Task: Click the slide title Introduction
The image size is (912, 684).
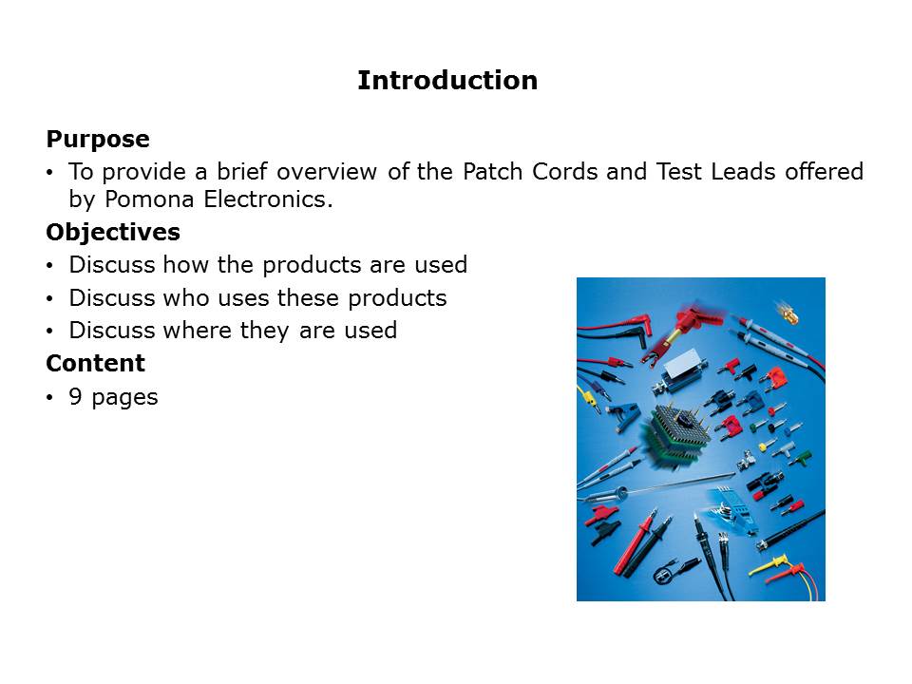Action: [x=447, y=80]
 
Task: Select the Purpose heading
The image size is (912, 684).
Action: [x=98, y=140]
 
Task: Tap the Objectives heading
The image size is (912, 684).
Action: [x=113, y=232]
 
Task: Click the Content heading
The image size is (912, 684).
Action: [x=95, y=363]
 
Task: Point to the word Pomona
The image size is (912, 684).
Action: [x=149, y=199]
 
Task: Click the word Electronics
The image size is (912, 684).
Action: [x=268, y=199]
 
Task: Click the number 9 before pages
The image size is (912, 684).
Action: [x=75, y=396]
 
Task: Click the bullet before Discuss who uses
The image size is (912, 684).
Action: [x=50, y=299]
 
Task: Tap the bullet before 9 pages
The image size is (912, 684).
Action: [x=50, y=397]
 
